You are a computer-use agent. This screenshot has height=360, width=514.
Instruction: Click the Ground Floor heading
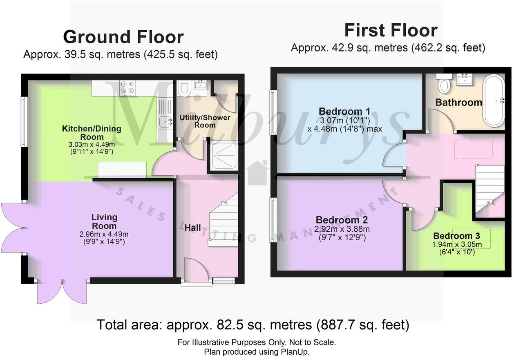pyautogui.click(x=123, y=37)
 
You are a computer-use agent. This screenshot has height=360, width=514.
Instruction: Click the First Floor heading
pyautogui.click(x=391, y=31)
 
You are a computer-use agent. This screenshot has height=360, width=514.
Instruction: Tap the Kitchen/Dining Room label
pyautogui.click(x=92, y=133)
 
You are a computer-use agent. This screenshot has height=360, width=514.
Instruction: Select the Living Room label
pyautogui.click(x=104, y=221)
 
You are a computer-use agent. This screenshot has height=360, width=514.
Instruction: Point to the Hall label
pyautogui.click(x=192, y=228)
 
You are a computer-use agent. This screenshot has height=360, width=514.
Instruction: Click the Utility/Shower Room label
pyautogui.click(x=205, y=121)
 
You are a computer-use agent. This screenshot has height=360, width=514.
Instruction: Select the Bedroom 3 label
pyautogui.click(x=456, y=236)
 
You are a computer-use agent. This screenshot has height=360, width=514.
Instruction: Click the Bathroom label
pyautogui.click(x=458, y=102)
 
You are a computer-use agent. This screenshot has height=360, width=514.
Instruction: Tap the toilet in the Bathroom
pyautogui.click(x=443, y=83)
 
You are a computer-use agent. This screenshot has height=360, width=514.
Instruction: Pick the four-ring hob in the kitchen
pyautogui.click(x=127, y=87)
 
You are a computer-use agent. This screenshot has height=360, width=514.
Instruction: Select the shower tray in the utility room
pyautogui.click(x=223, y=155)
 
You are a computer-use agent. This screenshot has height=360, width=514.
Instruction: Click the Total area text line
pyautogui.click(x=253, y=325)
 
